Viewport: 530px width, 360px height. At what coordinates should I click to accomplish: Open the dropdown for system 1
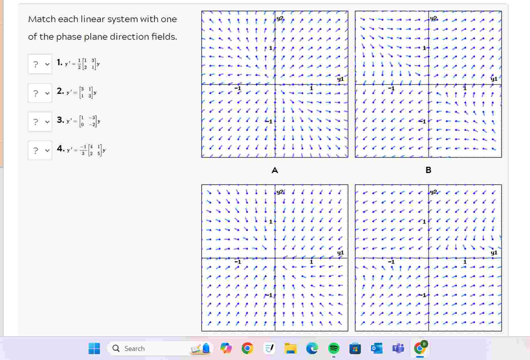coord(40,64)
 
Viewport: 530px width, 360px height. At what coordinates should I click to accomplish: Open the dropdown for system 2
coord(40,93)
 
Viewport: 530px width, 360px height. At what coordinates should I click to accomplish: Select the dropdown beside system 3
coord(40,122)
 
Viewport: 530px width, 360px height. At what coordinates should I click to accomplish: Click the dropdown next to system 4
coord(40,151)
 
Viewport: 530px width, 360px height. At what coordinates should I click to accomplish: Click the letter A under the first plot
coord(275,170)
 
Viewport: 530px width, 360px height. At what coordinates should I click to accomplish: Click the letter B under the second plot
coord(428,170)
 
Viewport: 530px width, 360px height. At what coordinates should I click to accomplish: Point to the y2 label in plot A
coord(280,19)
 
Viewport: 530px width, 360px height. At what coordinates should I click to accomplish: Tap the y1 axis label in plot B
coord(494,79)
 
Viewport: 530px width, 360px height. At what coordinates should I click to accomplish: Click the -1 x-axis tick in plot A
coord(238,88)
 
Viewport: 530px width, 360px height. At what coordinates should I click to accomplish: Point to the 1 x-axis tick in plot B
coord(465,88)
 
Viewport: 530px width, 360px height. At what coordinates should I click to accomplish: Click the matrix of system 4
coord(95,150)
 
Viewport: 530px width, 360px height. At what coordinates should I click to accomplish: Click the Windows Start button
coord(94,348)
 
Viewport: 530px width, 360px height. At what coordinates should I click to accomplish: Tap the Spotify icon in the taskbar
coord(334,348)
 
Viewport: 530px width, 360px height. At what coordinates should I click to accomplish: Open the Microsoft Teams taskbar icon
coord(398,348)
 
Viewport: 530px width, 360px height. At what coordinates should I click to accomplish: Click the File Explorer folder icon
coord(291,348)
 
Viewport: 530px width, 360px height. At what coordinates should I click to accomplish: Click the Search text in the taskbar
coord(134,349)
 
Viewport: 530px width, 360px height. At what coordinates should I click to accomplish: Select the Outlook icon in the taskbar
coord(376,348)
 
